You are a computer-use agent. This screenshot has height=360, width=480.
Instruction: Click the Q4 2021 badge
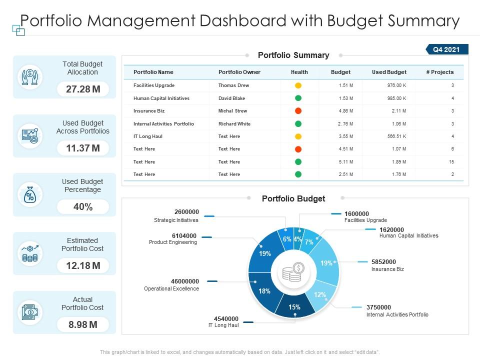pyautogui.click(x=447, y=49)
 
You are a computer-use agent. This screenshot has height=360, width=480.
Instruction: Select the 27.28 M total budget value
pyautogui.click(x=83, y=89)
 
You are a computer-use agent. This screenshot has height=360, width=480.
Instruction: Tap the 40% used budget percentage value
pyautogui.click(x=83, y=207)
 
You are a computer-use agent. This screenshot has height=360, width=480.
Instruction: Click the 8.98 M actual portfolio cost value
pyautogui.click(x=83, y=325)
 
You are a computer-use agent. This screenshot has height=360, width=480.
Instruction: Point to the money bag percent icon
pyautogui.click(x=30, y=195)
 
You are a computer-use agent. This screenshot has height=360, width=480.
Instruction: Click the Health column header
pyautogui.click(x=299, y=72)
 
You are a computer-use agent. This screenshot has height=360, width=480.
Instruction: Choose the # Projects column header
pyautogui.click(x=439, y=72)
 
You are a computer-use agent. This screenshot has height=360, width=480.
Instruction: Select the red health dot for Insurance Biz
pyautogui.click(x=298, y=111)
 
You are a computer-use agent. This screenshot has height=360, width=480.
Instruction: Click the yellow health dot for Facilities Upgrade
pyautogui.click(x=298, y=85)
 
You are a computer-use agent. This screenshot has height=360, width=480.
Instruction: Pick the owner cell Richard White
pyautogui.click(x=234, y=123)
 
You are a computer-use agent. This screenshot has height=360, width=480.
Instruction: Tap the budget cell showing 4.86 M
pyautogui.click(x=345, y=111)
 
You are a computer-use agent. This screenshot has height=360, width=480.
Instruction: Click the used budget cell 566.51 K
pyautogui.click(x=396, y=136)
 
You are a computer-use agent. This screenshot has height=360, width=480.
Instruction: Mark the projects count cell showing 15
pyautogui.click(x=451, y=162)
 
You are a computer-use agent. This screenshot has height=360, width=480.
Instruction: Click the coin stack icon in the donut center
pyautogui.click(x=294, y=272)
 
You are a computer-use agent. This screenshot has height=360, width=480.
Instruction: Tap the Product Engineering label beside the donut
pyautogui.click(x=173, y=242)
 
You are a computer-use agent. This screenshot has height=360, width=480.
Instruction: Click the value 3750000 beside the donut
pyautogui.click(x=378, y=307)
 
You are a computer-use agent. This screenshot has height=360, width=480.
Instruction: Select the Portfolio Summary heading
pyautogui.click(x=293, y=55)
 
